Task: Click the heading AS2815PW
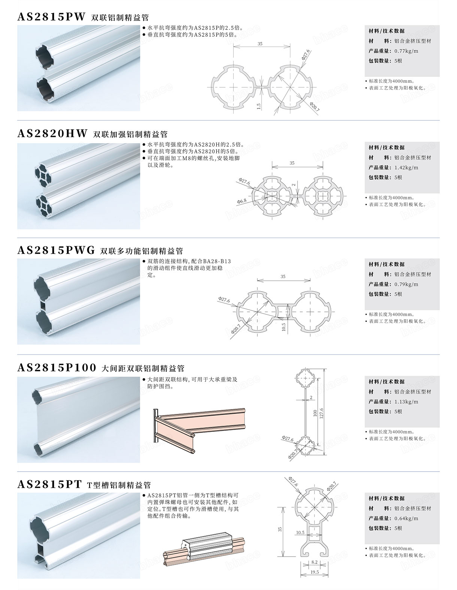click(x=52, y=17)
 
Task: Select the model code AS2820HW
click(x=52, y=133)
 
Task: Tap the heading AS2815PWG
click(x=56, y=250)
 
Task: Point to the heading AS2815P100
click(x=57, y=367)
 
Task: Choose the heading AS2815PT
click(x=49, y=484)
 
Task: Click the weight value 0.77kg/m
click(x=406, y=51)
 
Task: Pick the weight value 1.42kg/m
click(x=406, y=168)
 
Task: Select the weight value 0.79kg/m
click(x=406, y=284)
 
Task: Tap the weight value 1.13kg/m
click(x=406, y=401)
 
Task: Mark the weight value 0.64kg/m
click(x=406, y=518)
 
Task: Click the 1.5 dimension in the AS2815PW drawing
click(x=259, y=106)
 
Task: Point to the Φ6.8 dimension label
click(x=242, y=201)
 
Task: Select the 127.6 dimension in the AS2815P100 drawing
click(x=322, y=413)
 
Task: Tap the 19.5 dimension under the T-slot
click(x=314, y=572)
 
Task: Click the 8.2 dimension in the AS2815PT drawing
click(x=314, y=562)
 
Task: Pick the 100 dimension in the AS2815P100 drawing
click(x=315, y=413)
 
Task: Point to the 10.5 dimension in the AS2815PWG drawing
click(x=284, y=327)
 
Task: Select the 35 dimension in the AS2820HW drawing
click(x=292, y=163)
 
